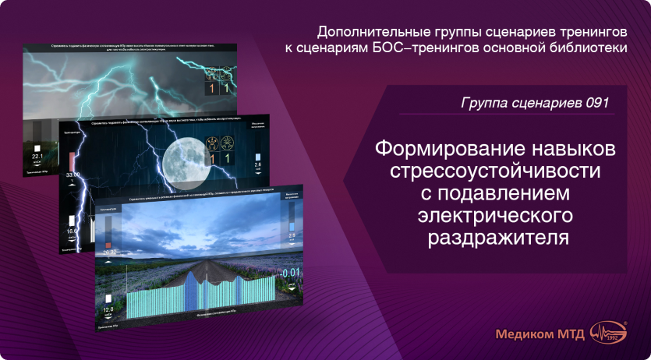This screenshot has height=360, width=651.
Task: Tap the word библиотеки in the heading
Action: [x=589, y=49]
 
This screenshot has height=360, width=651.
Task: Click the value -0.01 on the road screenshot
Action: [x=290, y=273]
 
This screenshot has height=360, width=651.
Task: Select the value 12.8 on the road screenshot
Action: [x=108, y=310]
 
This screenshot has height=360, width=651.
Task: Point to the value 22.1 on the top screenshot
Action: [x=36, y=157]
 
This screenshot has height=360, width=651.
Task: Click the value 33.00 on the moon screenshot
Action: [x=73, y=176]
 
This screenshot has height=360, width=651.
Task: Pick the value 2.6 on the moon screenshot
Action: [x=259, y=166]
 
